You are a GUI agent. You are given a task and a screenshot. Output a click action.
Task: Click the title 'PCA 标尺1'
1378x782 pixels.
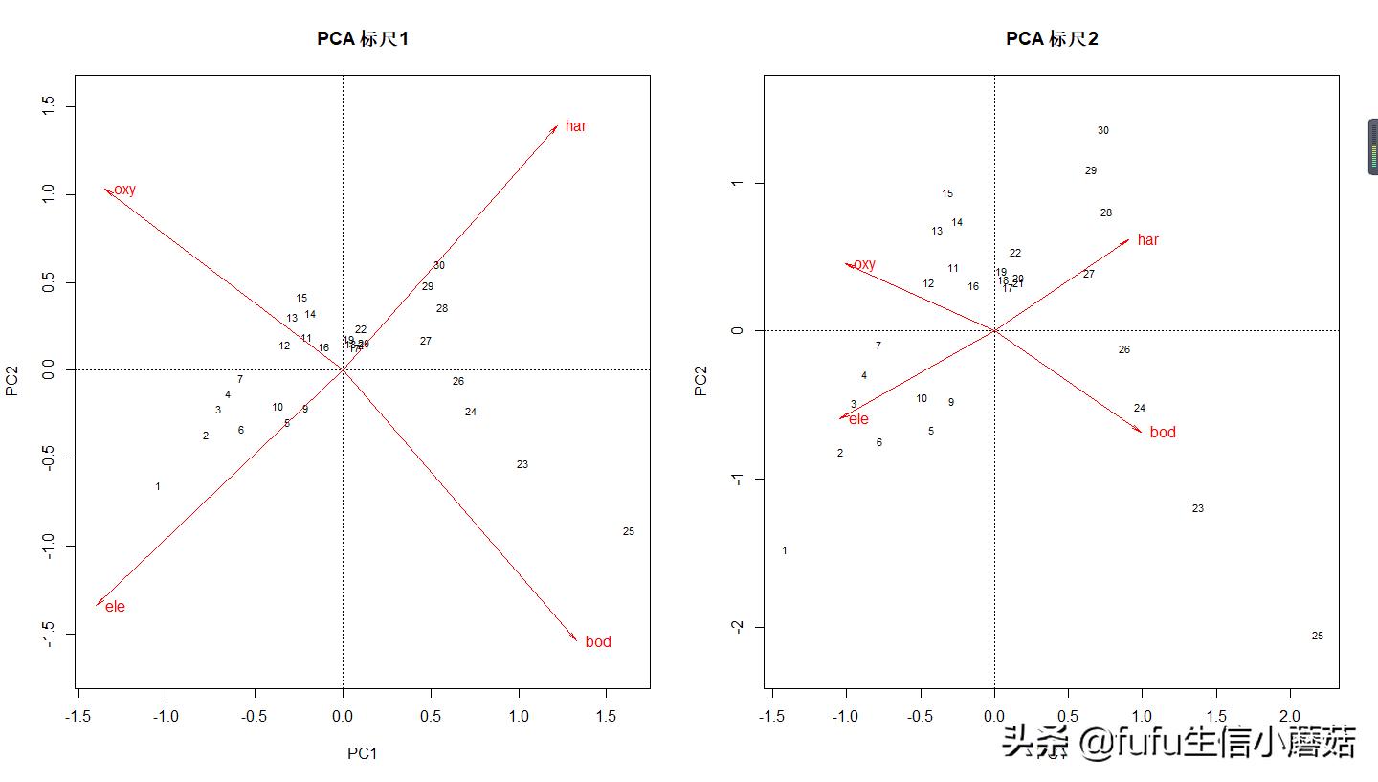[363, 39]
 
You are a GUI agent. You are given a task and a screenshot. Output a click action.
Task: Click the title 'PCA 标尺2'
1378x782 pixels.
[1051, 39]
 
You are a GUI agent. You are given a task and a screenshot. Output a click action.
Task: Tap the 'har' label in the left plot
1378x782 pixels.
[575, 126]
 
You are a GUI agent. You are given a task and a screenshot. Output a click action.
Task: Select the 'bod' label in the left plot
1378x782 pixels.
[598, 642]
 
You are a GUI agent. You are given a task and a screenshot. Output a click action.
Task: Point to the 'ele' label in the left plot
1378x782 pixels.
[115, 607]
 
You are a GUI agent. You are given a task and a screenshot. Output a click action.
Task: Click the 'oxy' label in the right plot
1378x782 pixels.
[863, 265]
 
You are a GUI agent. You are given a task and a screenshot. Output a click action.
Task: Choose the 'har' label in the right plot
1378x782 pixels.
[1147, 240]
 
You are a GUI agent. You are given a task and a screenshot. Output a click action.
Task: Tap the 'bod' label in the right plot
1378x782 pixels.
[1163, 433]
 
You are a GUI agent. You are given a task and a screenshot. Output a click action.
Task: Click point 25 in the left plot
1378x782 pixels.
[629, 532]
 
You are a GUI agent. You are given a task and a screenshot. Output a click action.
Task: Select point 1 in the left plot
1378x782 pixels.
[158, 487]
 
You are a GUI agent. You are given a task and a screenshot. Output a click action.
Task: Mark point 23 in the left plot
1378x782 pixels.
[522, 465]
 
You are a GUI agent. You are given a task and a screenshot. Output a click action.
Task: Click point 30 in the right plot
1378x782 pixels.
[1103, 131]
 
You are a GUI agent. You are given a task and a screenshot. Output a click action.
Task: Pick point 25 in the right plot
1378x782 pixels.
[1318, 637]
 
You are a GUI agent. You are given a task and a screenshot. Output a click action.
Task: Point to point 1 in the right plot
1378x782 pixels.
[785, 551]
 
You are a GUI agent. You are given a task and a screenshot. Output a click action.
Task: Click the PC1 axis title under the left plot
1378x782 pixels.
[363, 753]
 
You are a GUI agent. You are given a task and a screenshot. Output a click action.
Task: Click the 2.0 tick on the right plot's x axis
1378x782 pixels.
[1290, 716]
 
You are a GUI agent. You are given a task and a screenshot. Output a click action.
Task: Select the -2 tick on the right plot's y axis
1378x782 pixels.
[736, 627]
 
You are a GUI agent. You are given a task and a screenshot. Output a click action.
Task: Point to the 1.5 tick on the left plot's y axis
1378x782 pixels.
[49, 107]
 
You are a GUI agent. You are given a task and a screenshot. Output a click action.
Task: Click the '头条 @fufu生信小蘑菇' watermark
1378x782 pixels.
[1179, 742]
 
